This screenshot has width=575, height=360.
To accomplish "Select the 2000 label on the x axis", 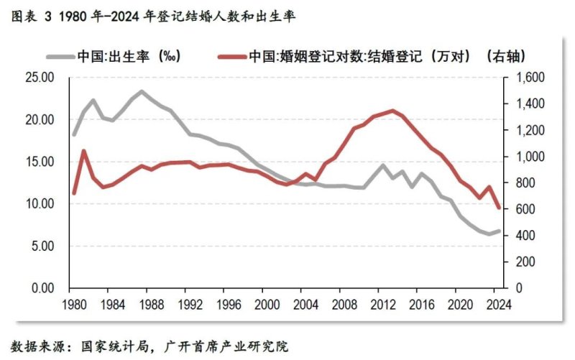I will [267, 303].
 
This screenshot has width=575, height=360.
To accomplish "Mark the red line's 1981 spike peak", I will [84, 151].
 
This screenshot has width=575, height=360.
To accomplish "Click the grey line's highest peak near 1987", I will [142, 91].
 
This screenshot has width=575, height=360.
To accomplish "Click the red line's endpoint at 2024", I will [500, 208].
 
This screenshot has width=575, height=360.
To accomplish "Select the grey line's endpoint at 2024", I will [500, 231].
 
